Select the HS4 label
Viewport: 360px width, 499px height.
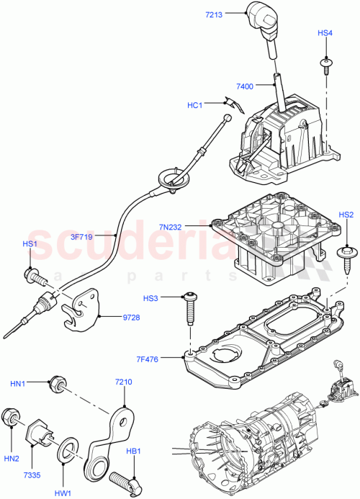coord(325,33)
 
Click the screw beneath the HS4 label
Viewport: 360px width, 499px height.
coord(326,66)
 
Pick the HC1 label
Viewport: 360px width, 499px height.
coord(194,105)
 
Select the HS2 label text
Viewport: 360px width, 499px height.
coord(346,215)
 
